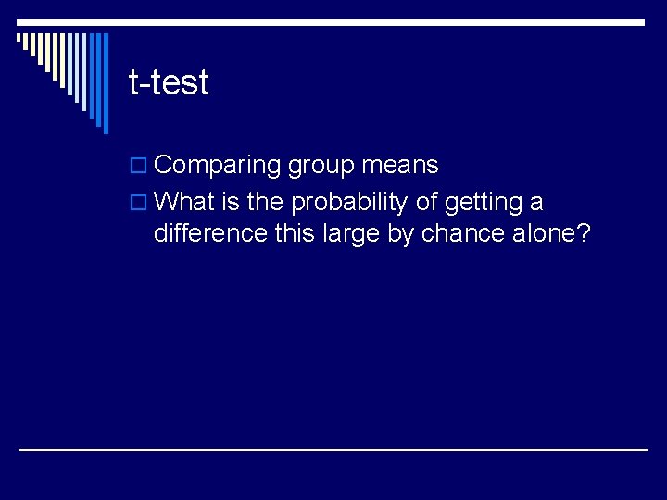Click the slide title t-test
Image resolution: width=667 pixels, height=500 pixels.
coord(169,83)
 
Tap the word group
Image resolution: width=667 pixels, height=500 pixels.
coord(321,167)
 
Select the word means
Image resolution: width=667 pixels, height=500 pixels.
coord(400,166)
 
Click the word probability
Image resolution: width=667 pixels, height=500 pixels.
coord(349,202)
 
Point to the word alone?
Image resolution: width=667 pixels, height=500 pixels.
coord(550,233)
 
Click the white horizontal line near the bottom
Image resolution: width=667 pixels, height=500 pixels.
coord(333,450)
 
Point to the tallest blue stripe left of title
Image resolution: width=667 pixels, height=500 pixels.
coord(105,83)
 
